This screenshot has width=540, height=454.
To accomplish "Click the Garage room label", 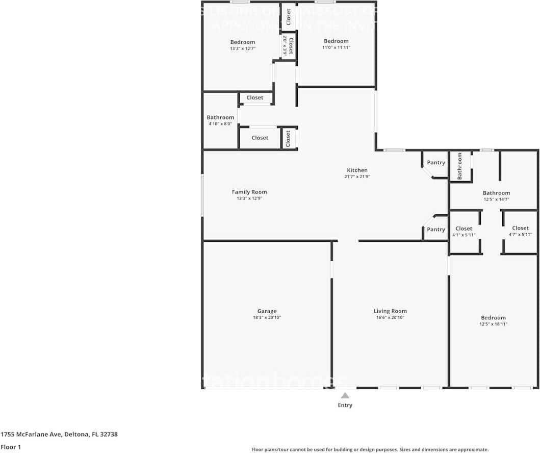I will pyautogui.click(x=267, y=311).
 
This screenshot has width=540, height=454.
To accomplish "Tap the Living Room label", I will pyautogui.click(x=390, y=311).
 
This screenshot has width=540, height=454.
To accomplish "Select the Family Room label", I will pyautogui.click(x=249, y=192).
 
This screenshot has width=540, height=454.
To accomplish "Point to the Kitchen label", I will pyautogui.click(x=357, y=170).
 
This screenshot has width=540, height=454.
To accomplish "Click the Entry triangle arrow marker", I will pyautogui.click(x=345, y=395).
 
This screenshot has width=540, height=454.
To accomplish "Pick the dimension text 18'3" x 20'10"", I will pyautogui.click(x=267, y=318).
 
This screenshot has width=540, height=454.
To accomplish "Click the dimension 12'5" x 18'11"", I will pyautogui.click(x=493, y=324).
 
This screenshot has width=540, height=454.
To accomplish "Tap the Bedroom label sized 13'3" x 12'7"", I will pyautogui.click(x=242, y=42).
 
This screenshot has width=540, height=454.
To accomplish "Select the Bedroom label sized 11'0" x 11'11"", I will pyautogui.click(x=336, y=41).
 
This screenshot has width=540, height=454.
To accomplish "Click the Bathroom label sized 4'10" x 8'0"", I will pyautogui.click(x=220, y=117).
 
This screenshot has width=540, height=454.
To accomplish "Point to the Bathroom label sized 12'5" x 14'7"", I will pyautogui.click(x=496, y=193).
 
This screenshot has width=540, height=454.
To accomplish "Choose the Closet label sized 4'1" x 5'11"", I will pyautogui.click(x=464, y=229).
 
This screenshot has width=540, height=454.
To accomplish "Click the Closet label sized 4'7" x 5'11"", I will pyautogui.click(x=520, y=228).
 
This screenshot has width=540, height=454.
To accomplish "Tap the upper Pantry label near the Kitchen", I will pyautogui.click(x=436, y=163).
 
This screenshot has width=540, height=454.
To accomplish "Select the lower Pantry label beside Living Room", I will pyautogui.click(x=436, y=230).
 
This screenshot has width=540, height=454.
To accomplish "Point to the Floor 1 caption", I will pyautogui.click(x=11, y=447).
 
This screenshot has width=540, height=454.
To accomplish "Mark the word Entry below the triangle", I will pyautogui.click(x=345, y=406).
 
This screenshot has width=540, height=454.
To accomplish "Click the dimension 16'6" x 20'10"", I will pyautogui.click(x=390, y=318).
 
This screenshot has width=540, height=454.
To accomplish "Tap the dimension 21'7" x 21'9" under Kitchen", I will pyautogui.click(x=357, y=176).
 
